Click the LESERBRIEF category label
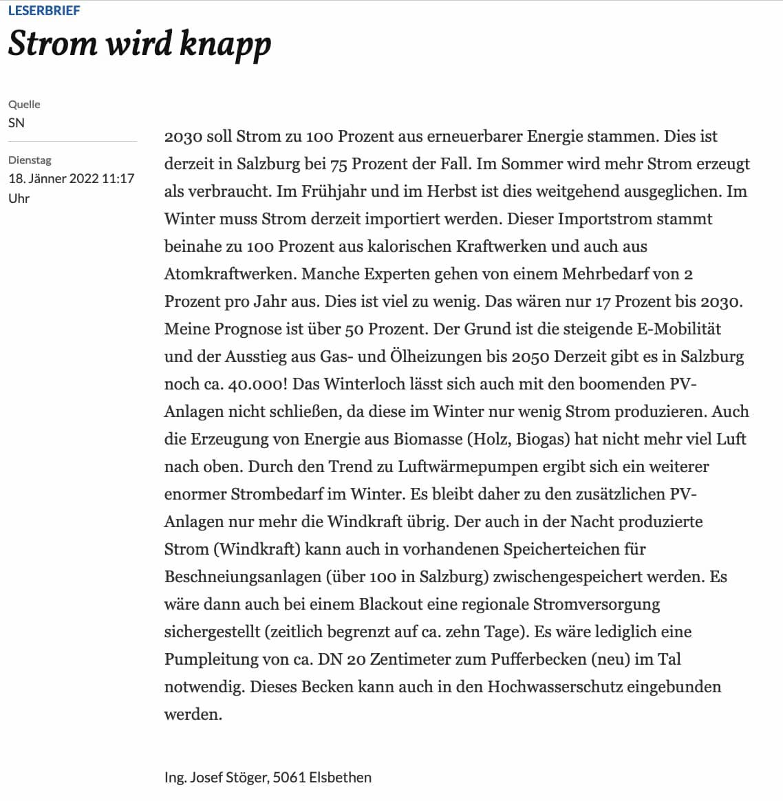(x=44, y=10)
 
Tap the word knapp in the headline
(x=225, y=44)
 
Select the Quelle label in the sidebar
(x=24, y=104)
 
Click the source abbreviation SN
(x=17, y=122)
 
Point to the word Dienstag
(x=30, y=160)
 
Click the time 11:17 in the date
(x=118, y=178)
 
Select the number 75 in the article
(x=339, y=164)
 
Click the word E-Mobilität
(x=678, y=329)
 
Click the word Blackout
(x=391, y=604)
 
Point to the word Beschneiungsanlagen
(x=242, y=577)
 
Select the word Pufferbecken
(x=538, y=659)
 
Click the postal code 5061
(x=289, y=778)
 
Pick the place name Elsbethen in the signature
(x=340, y=778)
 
